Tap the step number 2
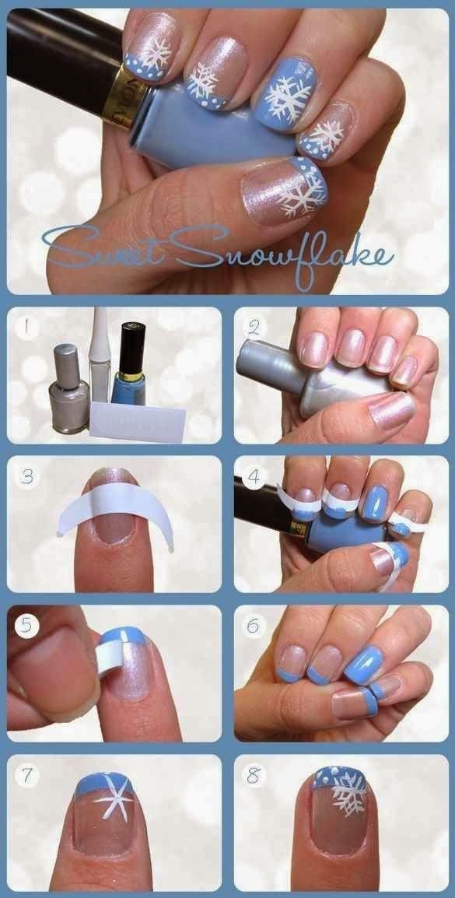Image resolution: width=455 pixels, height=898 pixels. tap(254, 327)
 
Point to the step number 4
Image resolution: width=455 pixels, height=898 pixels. tap(254, 475)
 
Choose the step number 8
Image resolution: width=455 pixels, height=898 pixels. tap(254, 775)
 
